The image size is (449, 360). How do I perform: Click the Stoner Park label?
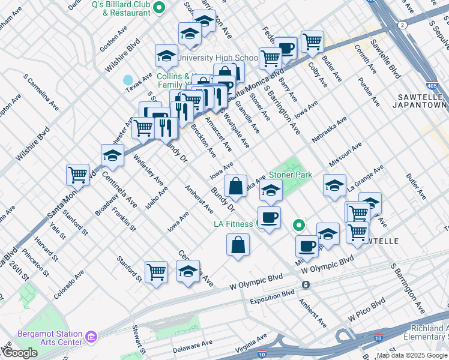click(291, 175)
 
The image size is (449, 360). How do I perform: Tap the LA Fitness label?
click(234, 224)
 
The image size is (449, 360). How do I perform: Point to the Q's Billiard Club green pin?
click(159, 7)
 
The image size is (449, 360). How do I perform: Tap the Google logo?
click(20, 353)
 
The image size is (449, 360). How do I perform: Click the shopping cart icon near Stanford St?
click(157, 271)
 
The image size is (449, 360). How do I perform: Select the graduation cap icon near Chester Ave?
click(112, 155)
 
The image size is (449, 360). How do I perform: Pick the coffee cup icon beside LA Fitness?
click(269, 217)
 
